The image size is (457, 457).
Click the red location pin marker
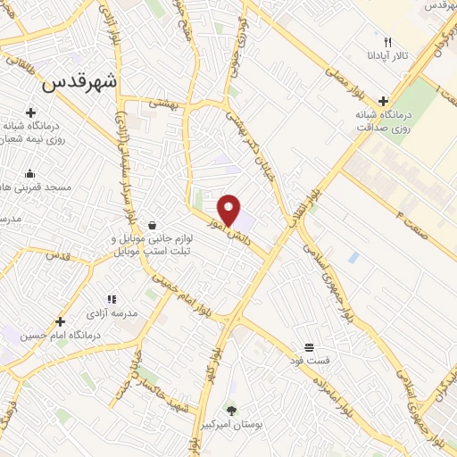click(229, 209)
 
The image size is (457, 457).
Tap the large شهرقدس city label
click(80, 82)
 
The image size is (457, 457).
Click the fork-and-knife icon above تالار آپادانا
click(386, 41)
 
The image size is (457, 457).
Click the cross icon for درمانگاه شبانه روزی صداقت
click(384, 101)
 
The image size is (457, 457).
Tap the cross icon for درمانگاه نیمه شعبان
click(31, 112)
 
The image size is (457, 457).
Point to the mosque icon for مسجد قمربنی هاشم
click(30, 173)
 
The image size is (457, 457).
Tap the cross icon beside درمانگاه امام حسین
click(60, 321)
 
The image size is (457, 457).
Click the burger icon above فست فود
click(309, 346)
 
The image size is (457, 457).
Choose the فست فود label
click(309, 361)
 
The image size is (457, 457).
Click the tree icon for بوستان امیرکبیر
click(232, 411)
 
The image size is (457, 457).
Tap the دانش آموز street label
click(235, 230)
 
